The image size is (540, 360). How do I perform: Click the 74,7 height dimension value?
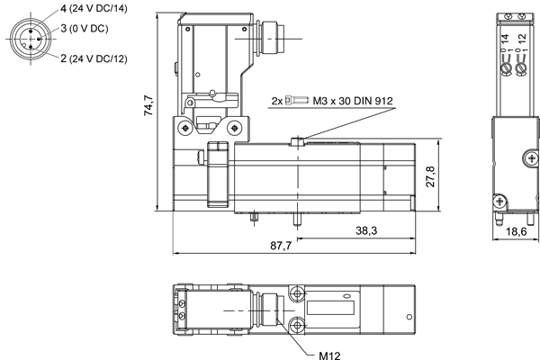pyautogui.click(x=149, y=105)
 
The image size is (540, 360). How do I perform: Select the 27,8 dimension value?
pyautogui.click(x=430, y=176)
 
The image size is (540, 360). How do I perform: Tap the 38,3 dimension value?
pyautogui.click(x=366, y=230)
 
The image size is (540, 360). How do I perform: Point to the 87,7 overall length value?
pyautogui.click(x=281, y=246)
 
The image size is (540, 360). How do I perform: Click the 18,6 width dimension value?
pyautogui.click(x=517, y=231)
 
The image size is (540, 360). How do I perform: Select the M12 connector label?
pyautogui.click(x=329, y=355)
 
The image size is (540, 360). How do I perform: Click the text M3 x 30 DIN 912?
pyautogui.click(x=353, y=101)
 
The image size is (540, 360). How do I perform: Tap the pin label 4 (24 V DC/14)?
pyautogui.click(x=94, y=8)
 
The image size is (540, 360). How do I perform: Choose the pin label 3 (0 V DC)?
pyautogui.click(x=85, y=28)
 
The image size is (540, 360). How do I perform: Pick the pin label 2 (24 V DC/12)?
pyautogui.click(x=94, y=58)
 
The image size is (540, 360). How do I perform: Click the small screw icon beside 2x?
pyautogui.click(x=297, y=101)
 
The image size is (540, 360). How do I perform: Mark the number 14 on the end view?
pyautogui.click(x=505, y=39)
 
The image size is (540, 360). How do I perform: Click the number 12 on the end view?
pyautogui.click(x=522, y=39)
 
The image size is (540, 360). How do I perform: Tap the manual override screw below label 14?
pyautogui.click(x=506, y=69)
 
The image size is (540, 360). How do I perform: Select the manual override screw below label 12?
pyautogui.click(x=522, y=69)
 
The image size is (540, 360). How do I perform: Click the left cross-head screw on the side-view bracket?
pyautogui.click(x=186, y=128)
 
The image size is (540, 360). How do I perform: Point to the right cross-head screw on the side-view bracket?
pyautogui.click(x=235, y=128)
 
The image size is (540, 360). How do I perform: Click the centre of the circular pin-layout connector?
pyautogui.click(x=31, y=39)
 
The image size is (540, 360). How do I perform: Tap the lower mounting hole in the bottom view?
pyautogui.click(x=296, y=325)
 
